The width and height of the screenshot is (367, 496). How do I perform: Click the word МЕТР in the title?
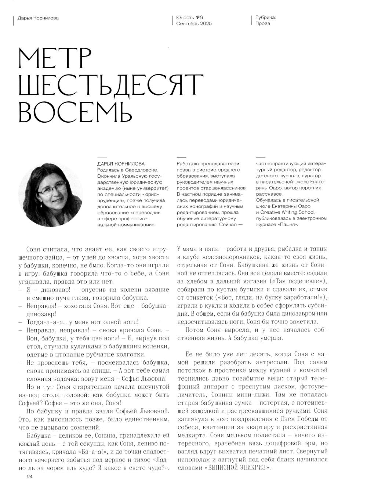coord(55,59)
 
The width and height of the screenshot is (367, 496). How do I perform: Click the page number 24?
coord(30,476)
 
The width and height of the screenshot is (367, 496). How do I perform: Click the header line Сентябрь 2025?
coord(194,23)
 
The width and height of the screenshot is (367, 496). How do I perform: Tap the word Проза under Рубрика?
coord(263,23)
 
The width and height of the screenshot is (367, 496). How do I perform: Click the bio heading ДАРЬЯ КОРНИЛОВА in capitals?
coord(121,164)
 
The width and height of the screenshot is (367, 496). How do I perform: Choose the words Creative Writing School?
coord(287,212)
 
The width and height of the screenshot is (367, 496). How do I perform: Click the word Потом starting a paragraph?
coord(195,330)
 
